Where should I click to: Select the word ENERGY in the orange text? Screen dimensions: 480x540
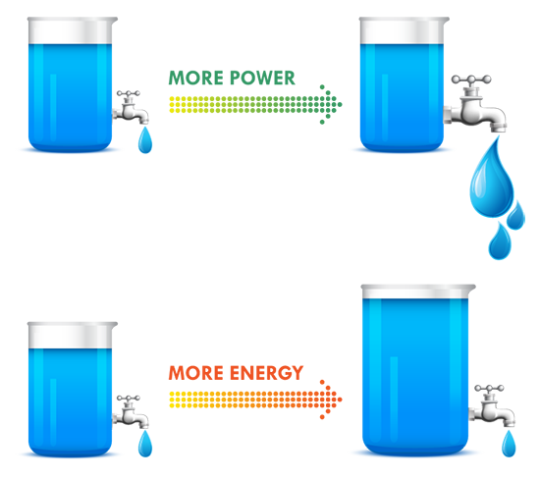(262, 373)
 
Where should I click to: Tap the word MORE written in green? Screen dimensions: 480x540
(193, 79)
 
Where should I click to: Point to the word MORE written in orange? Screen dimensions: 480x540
(193, 373)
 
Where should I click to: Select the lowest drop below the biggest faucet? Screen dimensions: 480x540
(500, 239)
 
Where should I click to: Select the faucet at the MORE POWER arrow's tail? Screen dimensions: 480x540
(128, 108)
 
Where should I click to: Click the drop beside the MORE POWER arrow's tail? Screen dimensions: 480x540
(145, 142)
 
